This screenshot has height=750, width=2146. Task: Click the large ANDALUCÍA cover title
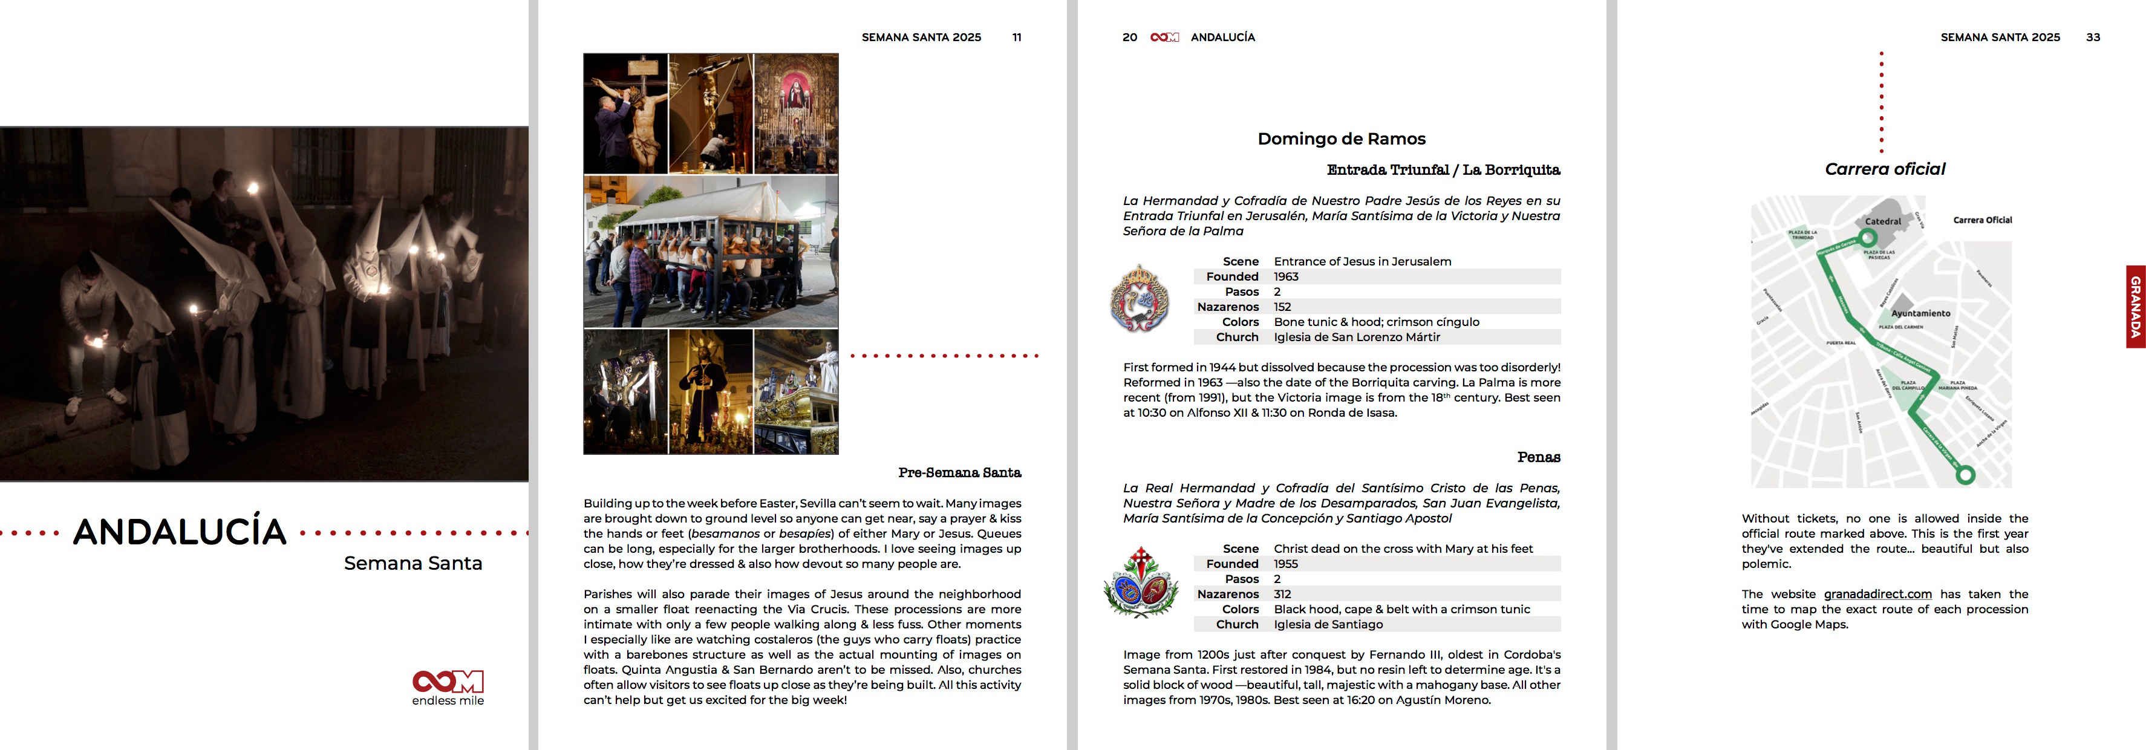point(180,532)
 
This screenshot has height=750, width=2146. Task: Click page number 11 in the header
point(1016,37)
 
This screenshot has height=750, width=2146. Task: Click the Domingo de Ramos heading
point(1342,139)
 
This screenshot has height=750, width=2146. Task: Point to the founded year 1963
point(1287,276)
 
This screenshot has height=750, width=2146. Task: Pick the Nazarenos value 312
point(1282,594)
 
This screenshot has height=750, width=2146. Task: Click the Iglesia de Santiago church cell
point(1328,624)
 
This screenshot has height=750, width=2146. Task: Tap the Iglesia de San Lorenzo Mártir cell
point(1356,337)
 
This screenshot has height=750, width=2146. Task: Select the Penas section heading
point(1538,457)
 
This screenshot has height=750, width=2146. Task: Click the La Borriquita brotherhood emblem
point(1140,298)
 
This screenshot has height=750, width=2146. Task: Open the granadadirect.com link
point(1877,594)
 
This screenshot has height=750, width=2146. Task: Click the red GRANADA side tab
point(2135,307)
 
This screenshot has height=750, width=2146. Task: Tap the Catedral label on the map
point(1883,221)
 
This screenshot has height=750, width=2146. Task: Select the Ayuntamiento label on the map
point(1920,313)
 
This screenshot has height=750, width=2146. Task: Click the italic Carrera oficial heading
point(1885,169)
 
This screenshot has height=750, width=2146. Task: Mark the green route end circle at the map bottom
point(1965,475)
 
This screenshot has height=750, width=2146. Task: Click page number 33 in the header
point(2093,37)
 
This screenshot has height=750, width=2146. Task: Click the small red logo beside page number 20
point(1164,37)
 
